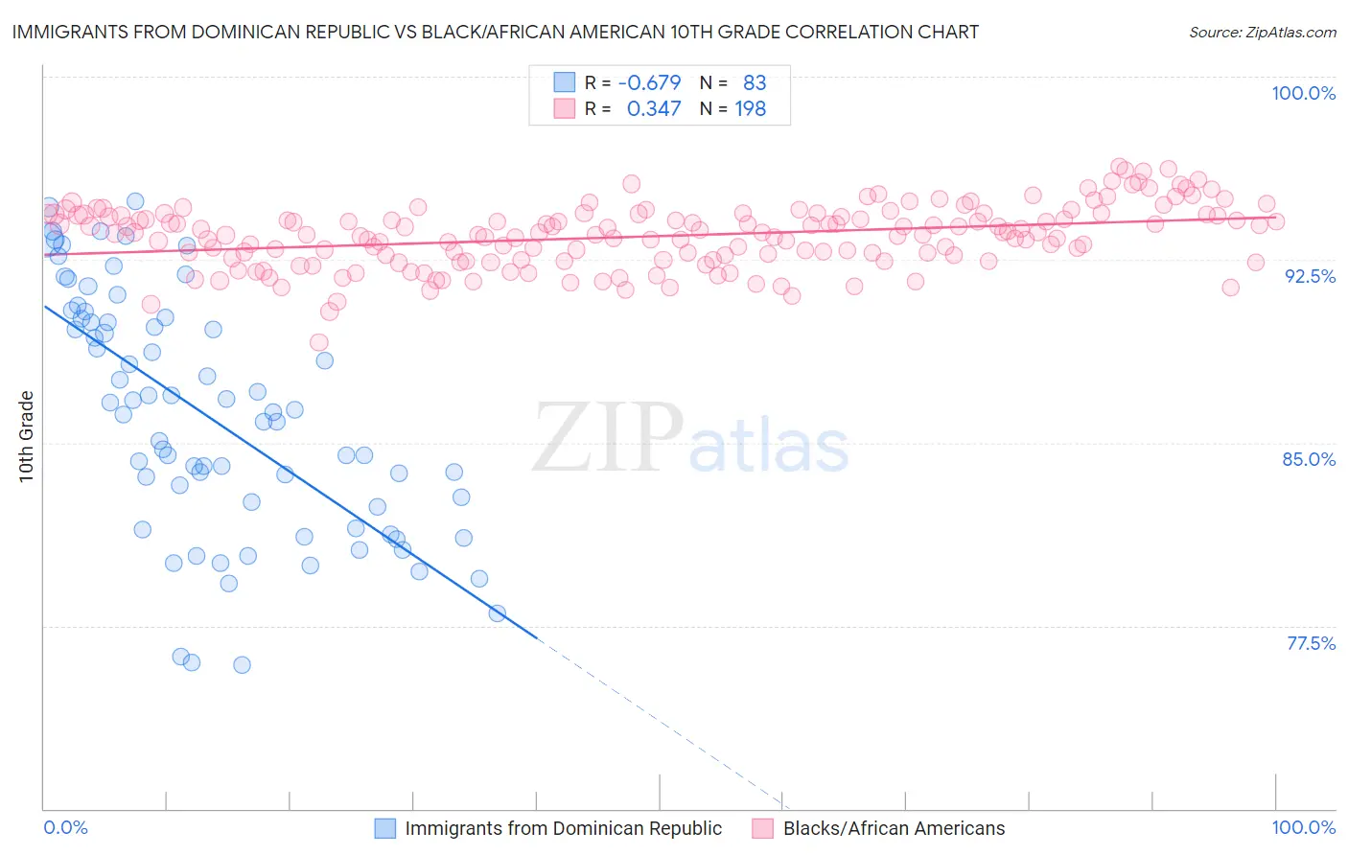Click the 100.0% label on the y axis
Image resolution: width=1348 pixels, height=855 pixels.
coord(1303,93)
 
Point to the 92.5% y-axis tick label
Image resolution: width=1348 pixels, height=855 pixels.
coord(1310,276)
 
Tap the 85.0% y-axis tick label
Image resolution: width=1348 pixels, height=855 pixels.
coord(1309,459)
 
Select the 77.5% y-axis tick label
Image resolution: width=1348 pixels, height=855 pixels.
coord(1311,643)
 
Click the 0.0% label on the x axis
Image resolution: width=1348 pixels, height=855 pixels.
coord(65,827)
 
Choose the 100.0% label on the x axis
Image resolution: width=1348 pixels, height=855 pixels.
coord(1303,827)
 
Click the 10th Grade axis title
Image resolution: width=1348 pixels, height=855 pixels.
coord(27,436)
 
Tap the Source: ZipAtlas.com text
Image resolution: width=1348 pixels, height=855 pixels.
coord(1262,33)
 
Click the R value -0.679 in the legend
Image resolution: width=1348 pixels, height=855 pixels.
coord(649,83)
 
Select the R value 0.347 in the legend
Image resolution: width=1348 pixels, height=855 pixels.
coord(654,109)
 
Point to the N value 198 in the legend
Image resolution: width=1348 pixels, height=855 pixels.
coord(750,109)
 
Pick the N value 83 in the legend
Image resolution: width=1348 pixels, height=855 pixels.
coord(755,83)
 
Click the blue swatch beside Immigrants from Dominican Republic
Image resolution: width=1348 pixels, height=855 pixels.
coord(384,828)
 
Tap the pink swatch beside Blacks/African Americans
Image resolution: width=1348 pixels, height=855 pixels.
coord(763,828)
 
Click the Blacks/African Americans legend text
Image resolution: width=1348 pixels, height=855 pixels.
coord(894,828)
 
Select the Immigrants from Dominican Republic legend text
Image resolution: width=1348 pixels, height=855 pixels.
coord(563,828)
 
